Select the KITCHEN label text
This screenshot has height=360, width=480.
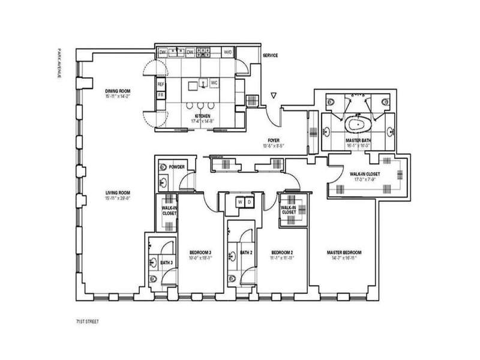point(203,115)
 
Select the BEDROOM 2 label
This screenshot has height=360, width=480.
point(281,252)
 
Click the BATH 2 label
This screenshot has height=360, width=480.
point(246,252)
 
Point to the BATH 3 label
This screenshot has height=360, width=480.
point(166,262)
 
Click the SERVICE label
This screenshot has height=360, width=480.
point(271,56)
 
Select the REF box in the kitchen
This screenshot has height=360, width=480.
point(161,85)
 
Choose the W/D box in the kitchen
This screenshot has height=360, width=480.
point(228,53)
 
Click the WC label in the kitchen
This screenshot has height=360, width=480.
point(214,82)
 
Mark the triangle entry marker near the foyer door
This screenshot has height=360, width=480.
point(274,95)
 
